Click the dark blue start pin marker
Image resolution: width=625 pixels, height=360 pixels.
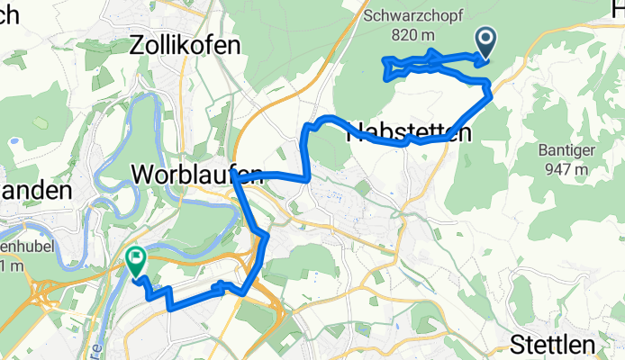pyautogui.click(x=485, y=40)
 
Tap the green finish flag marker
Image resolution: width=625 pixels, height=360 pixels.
pyautogui.click(x=136, y=260)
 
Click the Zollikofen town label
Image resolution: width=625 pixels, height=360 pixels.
pyautogui.click(x=186, y=44)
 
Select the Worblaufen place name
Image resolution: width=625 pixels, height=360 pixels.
pyautogui.click(x=197, y=174)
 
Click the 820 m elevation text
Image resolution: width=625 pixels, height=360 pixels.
pyautogui.click(x=414, y=34)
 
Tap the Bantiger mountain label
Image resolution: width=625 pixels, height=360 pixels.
pyautogui.click(x=565, y=149)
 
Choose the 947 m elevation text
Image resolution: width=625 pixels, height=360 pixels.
pyautogui.click(x=564, y=168)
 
